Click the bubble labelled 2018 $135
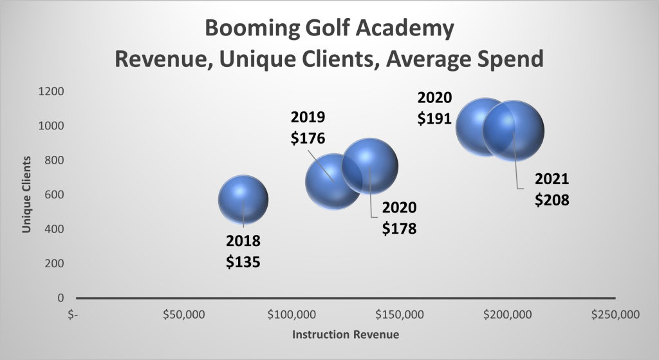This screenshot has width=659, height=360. [243, 200]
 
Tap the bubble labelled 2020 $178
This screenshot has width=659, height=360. [369, 166]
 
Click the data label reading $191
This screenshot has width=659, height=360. [435, 118]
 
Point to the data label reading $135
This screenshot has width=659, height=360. [243, 263]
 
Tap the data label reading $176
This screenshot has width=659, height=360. [308, 138]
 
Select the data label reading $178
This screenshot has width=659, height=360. [399, 228]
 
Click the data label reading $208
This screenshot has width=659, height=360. [552, 200]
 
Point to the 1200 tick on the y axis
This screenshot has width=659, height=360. [51, 91]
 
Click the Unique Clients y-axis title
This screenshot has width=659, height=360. [27, 194]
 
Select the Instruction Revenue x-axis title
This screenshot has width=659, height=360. [346, 335]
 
